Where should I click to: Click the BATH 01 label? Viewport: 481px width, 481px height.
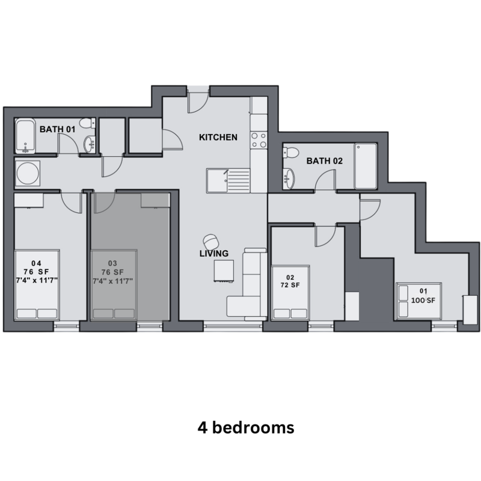[57, 129]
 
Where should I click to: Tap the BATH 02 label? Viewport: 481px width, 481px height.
[325, 161]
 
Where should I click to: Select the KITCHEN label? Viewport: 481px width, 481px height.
[218, 137]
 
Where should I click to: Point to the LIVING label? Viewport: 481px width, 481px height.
[214, 253]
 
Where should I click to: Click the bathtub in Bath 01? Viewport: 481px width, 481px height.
[25, 136]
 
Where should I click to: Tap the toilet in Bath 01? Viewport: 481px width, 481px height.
[87, 123]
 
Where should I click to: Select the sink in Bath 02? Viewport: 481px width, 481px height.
[289, 179]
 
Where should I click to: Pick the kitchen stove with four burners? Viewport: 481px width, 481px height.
[259, 140]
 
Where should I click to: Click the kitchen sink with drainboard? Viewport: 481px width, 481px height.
[228, 181]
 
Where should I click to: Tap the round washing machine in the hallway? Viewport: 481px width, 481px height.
[28, 173]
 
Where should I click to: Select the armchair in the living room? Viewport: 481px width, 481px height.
[211, 242]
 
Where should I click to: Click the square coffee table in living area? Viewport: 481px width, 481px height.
[224, 271]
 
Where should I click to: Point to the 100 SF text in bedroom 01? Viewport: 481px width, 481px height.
[423, 300]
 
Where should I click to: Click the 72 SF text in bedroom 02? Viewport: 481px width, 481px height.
[290, 285]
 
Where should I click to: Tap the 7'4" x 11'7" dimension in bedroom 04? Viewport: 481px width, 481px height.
[37, 280]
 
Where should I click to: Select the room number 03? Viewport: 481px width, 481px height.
[112, 263]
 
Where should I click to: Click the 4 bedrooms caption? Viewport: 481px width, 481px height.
[246, 427]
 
